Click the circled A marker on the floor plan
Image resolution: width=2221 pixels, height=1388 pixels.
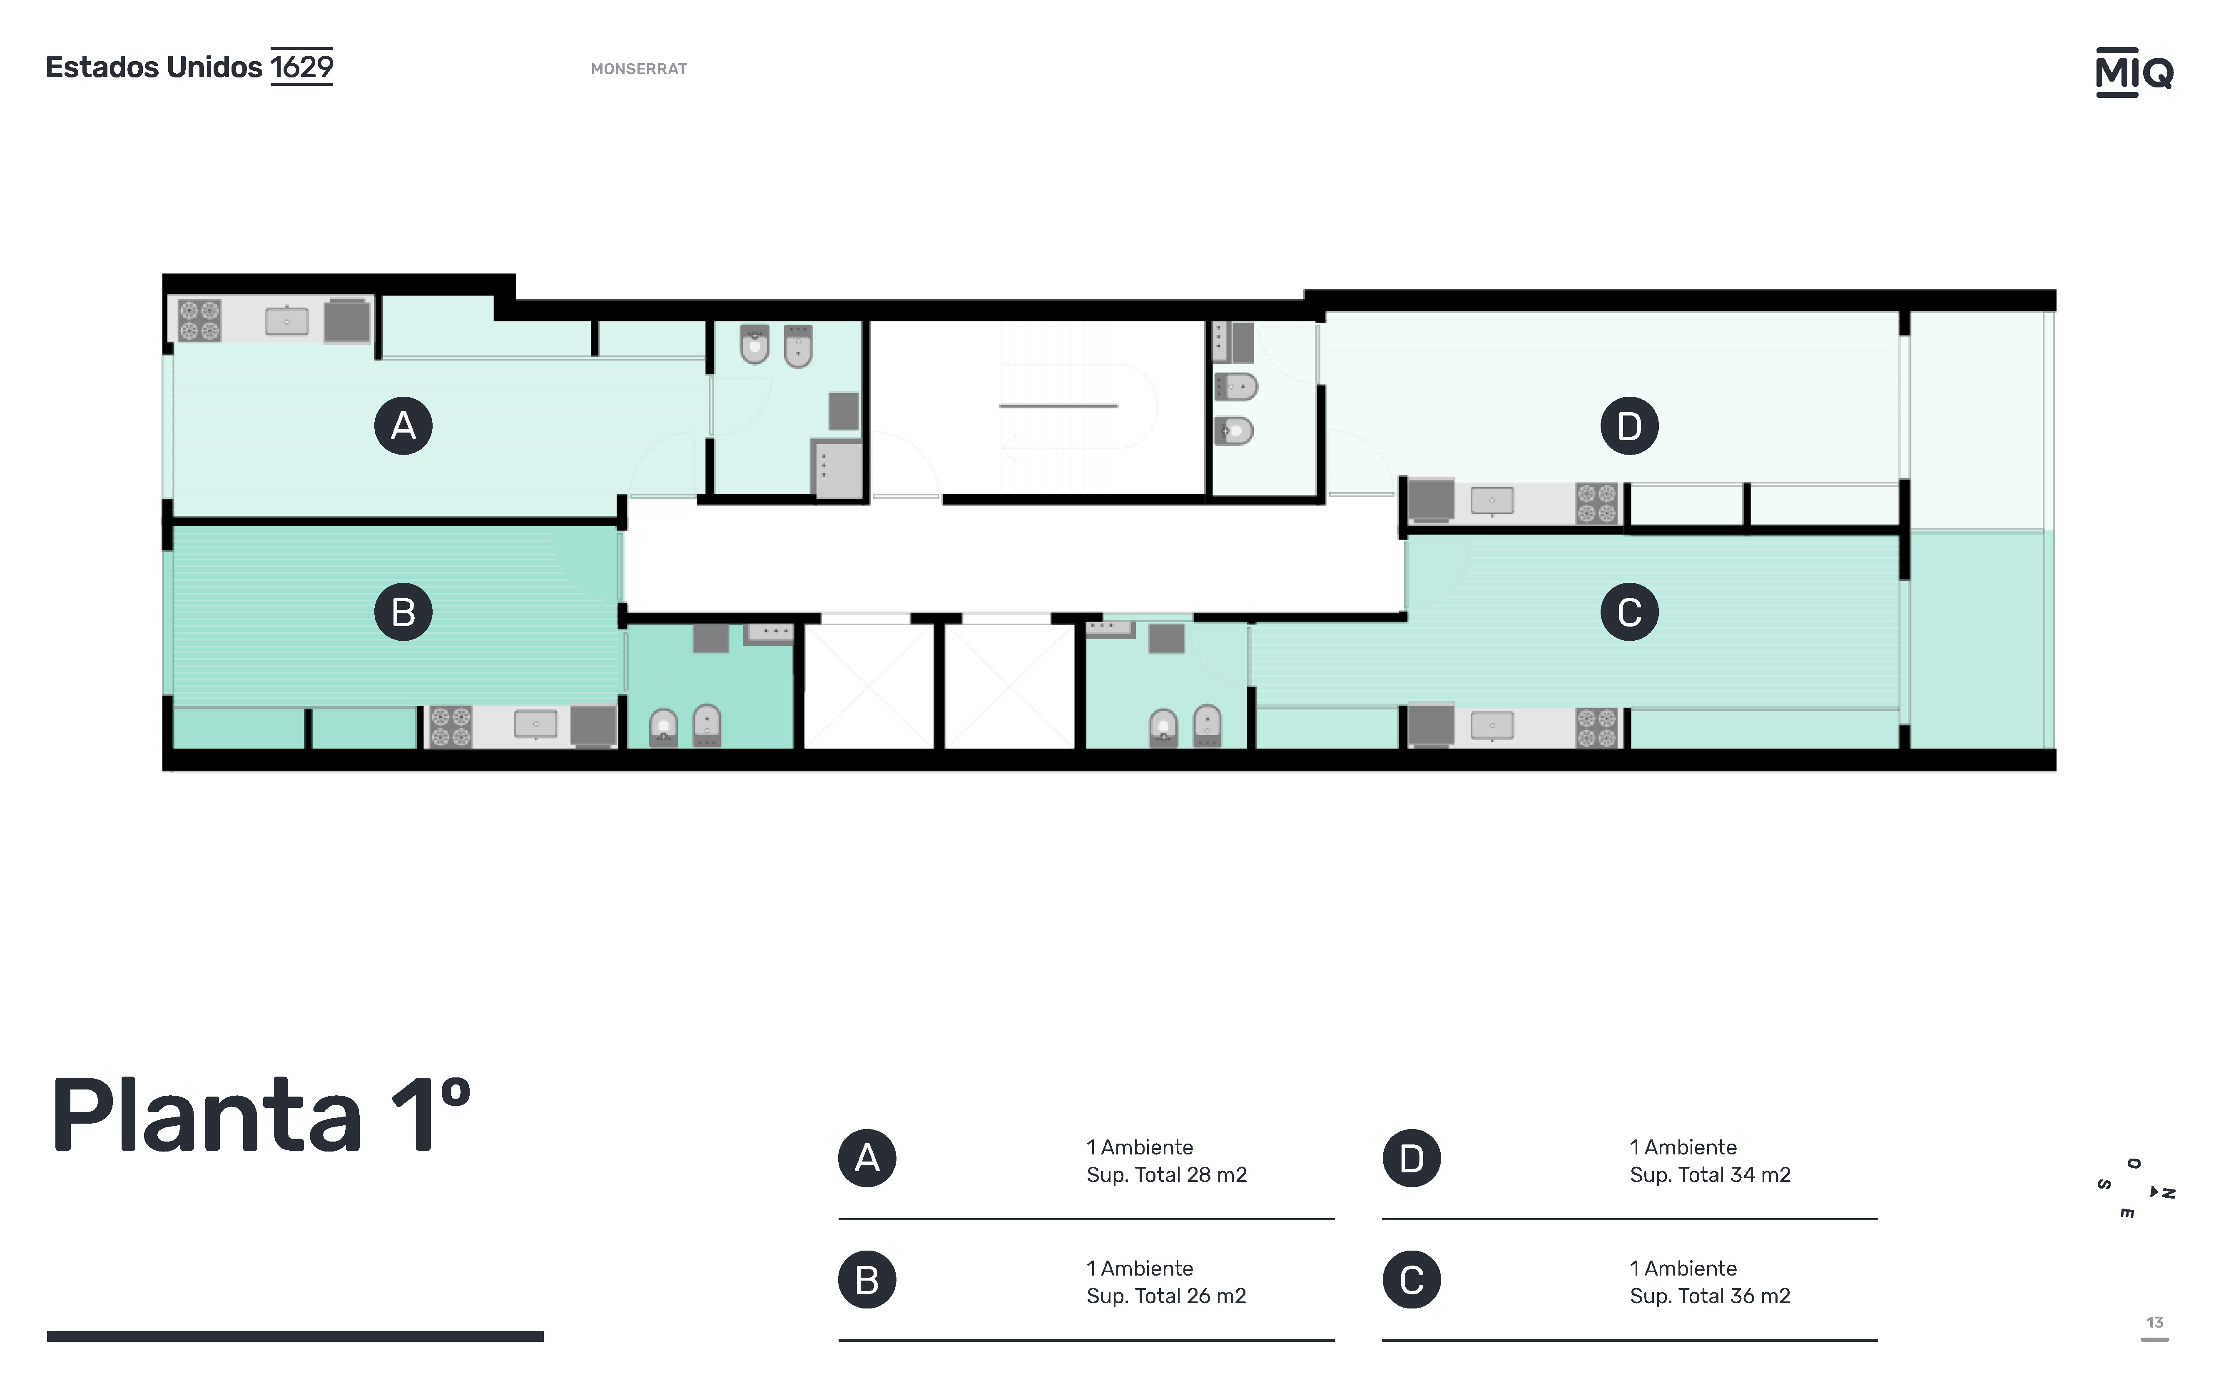pos(403,426)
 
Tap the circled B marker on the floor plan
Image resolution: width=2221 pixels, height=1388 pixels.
pos(403,612)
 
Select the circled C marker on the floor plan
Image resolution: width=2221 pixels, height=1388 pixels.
pos(1629,612)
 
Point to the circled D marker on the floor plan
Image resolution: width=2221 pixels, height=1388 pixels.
pos(1629,426)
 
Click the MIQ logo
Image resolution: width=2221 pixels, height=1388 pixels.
pos(2134,72)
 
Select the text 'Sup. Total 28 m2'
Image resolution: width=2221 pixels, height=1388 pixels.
pos(1166,1175)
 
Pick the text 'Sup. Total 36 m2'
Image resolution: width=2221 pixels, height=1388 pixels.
pos(1710,1296)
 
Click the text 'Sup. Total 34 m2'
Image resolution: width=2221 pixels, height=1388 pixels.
pos(1710,1175)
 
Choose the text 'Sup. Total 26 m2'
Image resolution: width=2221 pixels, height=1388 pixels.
pos(1166,1296)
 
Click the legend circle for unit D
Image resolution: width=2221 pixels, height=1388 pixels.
pos(1411,1159)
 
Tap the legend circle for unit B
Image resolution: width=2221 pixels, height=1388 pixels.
pos(867,1280)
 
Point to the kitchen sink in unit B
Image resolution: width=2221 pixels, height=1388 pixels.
pos(535,724)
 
